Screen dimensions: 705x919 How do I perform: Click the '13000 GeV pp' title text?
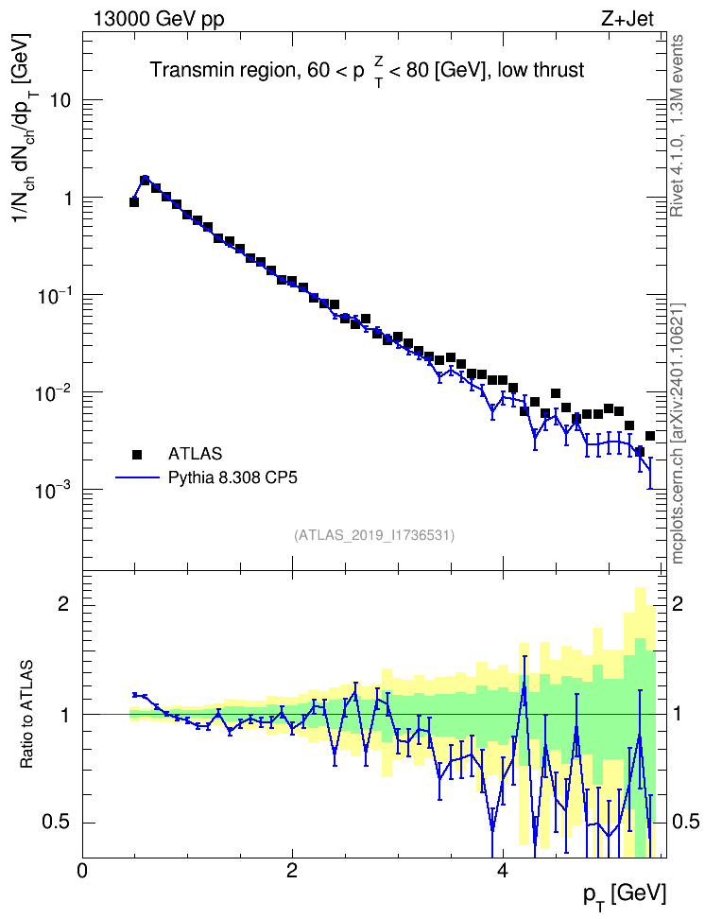pos(158,19)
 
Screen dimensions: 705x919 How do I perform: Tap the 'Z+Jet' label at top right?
pos(628,19)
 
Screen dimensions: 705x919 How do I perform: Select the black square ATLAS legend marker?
pos(136,454)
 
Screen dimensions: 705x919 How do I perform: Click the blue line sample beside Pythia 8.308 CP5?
pos(138,477)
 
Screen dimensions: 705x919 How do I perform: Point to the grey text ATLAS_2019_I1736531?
pos(374,535)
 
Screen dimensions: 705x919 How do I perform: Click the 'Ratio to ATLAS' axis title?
pos(26,714)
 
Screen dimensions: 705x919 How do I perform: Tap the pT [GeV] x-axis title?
pos(625,895)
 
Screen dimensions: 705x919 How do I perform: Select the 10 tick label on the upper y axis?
pos(60,100)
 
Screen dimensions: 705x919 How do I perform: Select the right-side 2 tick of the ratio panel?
pos(678,604)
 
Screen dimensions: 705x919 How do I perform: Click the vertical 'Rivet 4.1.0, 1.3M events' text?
pos(677,126)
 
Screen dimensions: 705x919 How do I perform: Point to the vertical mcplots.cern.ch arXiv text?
pos(678,434)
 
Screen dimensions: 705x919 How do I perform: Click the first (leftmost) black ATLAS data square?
pos(134,202)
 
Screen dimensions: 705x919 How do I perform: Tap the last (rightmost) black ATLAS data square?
pos(650,436)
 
